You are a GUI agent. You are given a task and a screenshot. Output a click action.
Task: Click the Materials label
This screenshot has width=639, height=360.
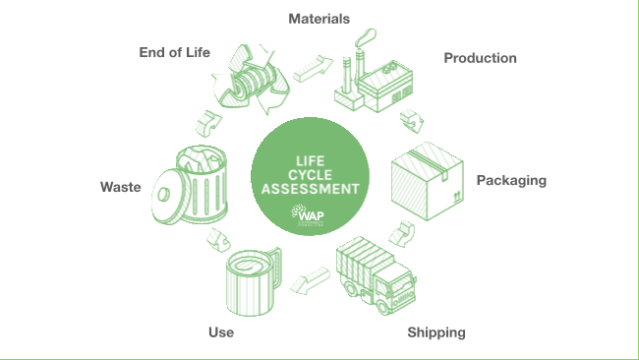(319, 19)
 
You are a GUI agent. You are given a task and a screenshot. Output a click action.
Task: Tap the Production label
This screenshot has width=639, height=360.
(480, 58)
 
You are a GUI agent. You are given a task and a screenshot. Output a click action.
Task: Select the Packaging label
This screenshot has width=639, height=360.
(511, 180)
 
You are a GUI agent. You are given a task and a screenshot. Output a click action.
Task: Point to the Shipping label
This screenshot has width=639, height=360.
(436, 332)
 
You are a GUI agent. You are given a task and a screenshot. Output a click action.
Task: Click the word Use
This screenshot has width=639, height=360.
(221, 332)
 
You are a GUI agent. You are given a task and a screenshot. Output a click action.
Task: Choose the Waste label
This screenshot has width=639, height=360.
(121, 186)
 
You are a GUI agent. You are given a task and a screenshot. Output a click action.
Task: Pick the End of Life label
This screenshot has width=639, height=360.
(174, 52)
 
